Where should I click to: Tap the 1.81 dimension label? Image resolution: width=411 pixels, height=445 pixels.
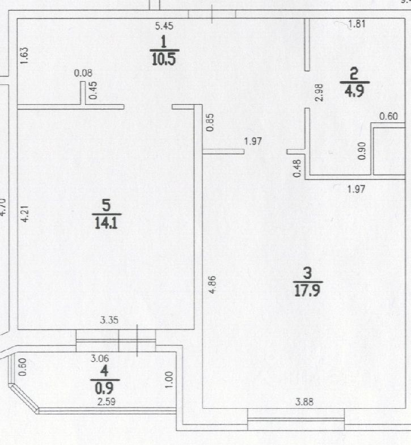tap(357, 24)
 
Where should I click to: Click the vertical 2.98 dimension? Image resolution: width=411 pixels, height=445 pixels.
tap(319, 92)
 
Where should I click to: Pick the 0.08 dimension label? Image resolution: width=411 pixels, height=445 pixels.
tap(83, 73)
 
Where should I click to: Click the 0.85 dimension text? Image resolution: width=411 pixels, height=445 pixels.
tap(210, 123)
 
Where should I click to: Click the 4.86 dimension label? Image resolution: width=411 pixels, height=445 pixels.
tap(211, 284)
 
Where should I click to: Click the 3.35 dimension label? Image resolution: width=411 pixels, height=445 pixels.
tap(109, 321)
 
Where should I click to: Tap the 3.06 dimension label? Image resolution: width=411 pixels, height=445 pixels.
tap(101, 358)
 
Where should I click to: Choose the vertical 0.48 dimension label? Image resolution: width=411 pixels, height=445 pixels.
tap(297, 168)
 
